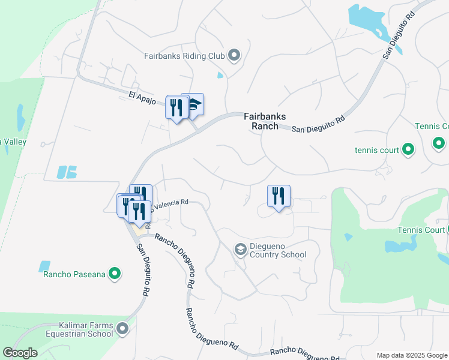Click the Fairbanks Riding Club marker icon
(234, 56)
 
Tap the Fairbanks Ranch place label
(265, 121)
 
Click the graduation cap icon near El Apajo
(194, 104)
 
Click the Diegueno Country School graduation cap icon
(240, 249)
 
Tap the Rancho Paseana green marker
(114, 275)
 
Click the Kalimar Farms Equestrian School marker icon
(123, 328)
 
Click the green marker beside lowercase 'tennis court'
(408, 149)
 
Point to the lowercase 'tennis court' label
(377, 150)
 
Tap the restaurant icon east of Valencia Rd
(279, 196)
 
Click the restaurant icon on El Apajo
(176, 107)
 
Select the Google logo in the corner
(20, 353)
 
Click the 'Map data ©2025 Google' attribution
(412, 355)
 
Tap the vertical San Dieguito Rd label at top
(399, 35)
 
